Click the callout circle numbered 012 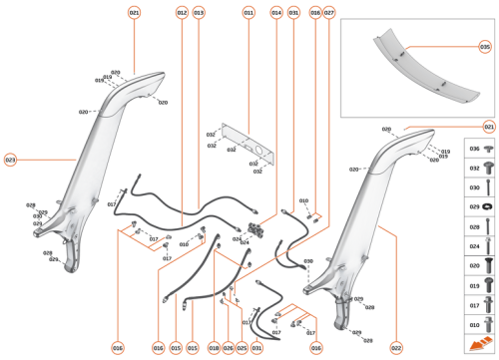click(182, 12)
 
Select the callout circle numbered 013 click(199, 12)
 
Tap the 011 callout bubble click(249, 12)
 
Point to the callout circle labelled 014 click(276, 12)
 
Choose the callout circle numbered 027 click(328, 12)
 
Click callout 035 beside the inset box click(484, 46)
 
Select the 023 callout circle click(10, 160)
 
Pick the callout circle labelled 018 click(214, 348)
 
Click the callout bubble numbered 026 click(228, 348)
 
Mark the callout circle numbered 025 click(242, 348)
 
